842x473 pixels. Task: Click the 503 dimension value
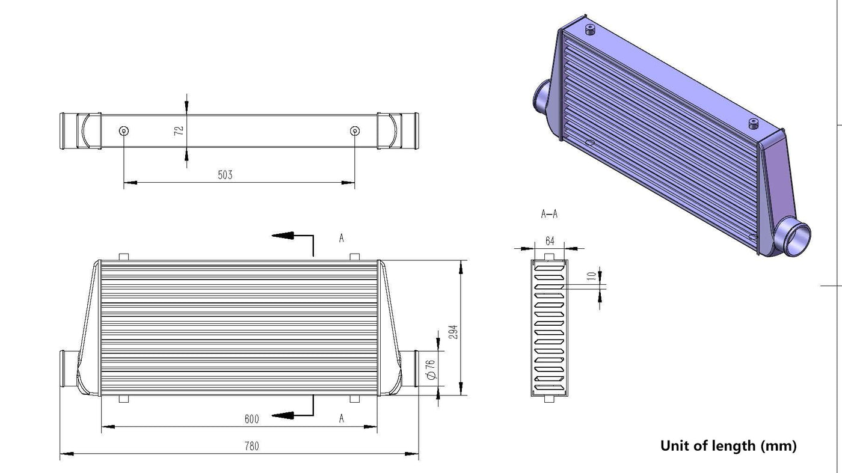tap(225, 175)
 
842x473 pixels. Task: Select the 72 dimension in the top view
tap(179, 130)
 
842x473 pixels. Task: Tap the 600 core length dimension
tap(252, 419)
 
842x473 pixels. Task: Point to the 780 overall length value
tap(252, 446)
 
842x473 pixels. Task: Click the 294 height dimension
tap(453, 332)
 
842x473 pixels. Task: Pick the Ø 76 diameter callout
tap(431, 370)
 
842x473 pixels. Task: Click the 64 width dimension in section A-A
tap(550, 241)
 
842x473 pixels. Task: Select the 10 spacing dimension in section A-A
tap(592, 276)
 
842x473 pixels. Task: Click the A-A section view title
tap(549, 214)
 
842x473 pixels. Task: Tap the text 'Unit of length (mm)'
tap(728, 446)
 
